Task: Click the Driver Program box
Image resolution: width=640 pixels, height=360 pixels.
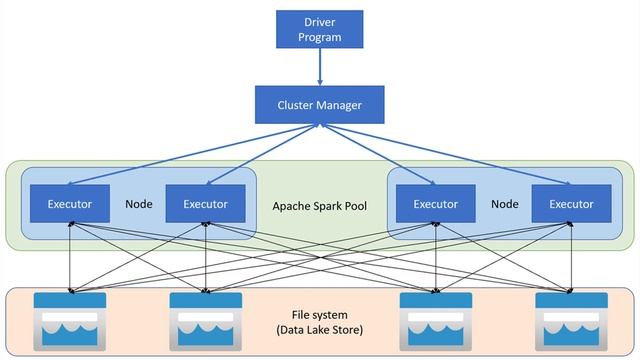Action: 320,29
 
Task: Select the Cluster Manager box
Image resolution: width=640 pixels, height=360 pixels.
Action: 320,103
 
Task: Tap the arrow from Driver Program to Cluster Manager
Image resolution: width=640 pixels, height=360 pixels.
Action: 320,67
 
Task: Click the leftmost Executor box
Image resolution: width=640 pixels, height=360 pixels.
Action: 70,204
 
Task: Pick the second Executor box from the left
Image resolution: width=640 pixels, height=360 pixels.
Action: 205,204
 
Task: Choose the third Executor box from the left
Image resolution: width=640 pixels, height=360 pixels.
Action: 435,204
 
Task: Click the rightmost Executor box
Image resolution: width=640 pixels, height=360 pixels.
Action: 571,204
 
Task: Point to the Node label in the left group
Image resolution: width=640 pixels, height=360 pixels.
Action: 138,204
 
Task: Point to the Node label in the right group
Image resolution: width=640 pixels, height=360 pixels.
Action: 504,204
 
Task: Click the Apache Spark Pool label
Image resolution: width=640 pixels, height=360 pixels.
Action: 320,206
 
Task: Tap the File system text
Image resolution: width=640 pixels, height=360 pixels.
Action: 320,315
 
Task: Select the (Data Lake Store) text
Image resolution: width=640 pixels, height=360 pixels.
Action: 320,330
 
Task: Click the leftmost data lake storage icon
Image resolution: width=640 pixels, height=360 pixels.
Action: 69,321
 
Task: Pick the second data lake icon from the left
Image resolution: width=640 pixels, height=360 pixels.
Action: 206,321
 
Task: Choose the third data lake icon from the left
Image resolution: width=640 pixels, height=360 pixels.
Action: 435,321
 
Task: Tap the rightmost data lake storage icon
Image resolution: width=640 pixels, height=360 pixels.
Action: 571,321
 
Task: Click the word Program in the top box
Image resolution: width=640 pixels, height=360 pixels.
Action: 320,38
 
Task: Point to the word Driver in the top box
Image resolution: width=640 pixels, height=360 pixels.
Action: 320,22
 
